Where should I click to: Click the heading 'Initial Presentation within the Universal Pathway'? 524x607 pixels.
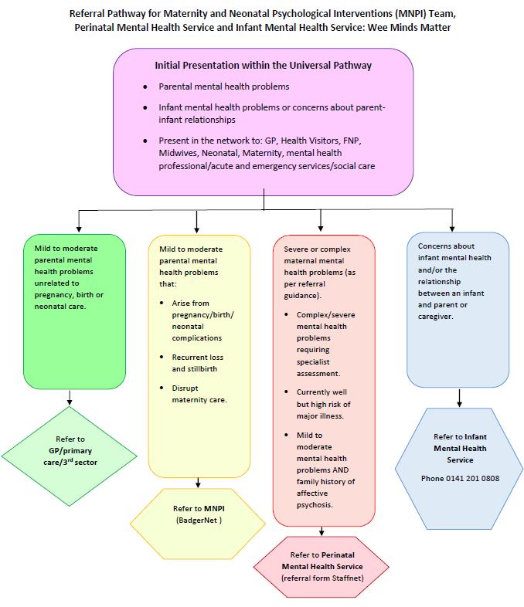point(263,66)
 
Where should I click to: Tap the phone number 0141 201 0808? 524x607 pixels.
point(460,478)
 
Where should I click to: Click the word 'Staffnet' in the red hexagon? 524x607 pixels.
point(341,578)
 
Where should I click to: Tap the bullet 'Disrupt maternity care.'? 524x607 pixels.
point(199,394)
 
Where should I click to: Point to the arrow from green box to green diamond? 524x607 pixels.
point(70,397)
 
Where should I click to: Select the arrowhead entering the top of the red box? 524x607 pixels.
point(321,226)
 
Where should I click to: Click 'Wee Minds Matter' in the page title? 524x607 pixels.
point(411,27)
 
